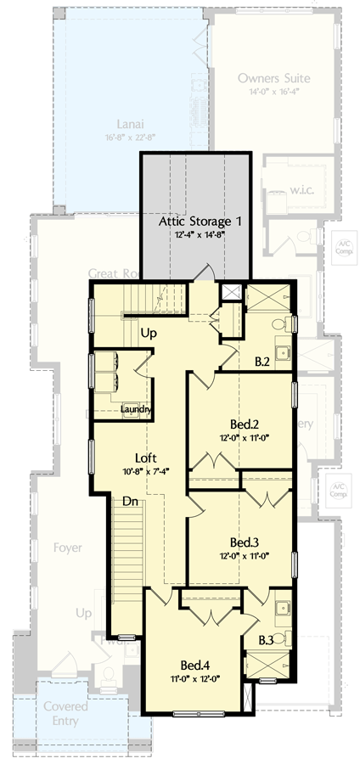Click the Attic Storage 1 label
click(x=201, y=221)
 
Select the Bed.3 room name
click(x=244, y=542)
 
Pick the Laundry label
click(x=136, y=410)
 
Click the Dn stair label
click(x=129, y=502)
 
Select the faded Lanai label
click(x=128, y=120)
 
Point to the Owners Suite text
click(x=273, y=78)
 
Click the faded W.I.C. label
click(x=302, y=188)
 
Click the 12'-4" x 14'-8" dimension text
click(x=201, y=237)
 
